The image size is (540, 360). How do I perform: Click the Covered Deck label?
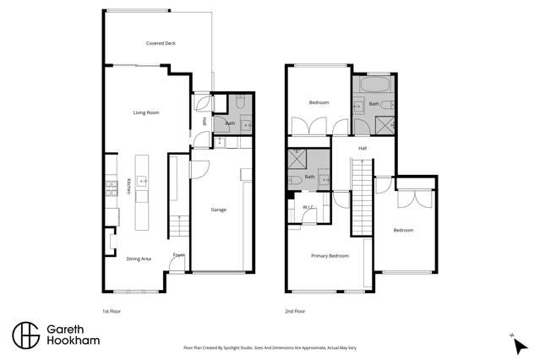click(x=160, y=43)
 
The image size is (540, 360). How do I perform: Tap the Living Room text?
click(x=146, y=112)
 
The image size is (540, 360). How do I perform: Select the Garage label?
click(x=218, y=210)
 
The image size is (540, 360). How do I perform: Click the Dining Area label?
click(x=139, y=259)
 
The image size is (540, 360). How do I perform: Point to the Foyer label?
click(x=178, y=254)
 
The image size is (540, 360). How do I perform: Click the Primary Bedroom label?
click(x=330, y=255)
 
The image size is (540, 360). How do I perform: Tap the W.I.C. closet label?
click(x=308, y=207)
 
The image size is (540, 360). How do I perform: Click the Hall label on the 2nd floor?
click(x=362, y=148)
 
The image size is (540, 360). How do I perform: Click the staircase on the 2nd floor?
click(x=361, y=194)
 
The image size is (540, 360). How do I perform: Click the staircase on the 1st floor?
click(x=177, y=227)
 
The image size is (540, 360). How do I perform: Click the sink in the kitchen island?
click(x=141, y=180)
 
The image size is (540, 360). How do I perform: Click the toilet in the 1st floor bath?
click(x=238, y=103)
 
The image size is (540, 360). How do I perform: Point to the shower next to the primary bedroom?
click(x=297, y=159)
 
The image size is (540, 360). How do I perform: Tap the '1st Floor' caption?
click(x=111, y=311)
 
